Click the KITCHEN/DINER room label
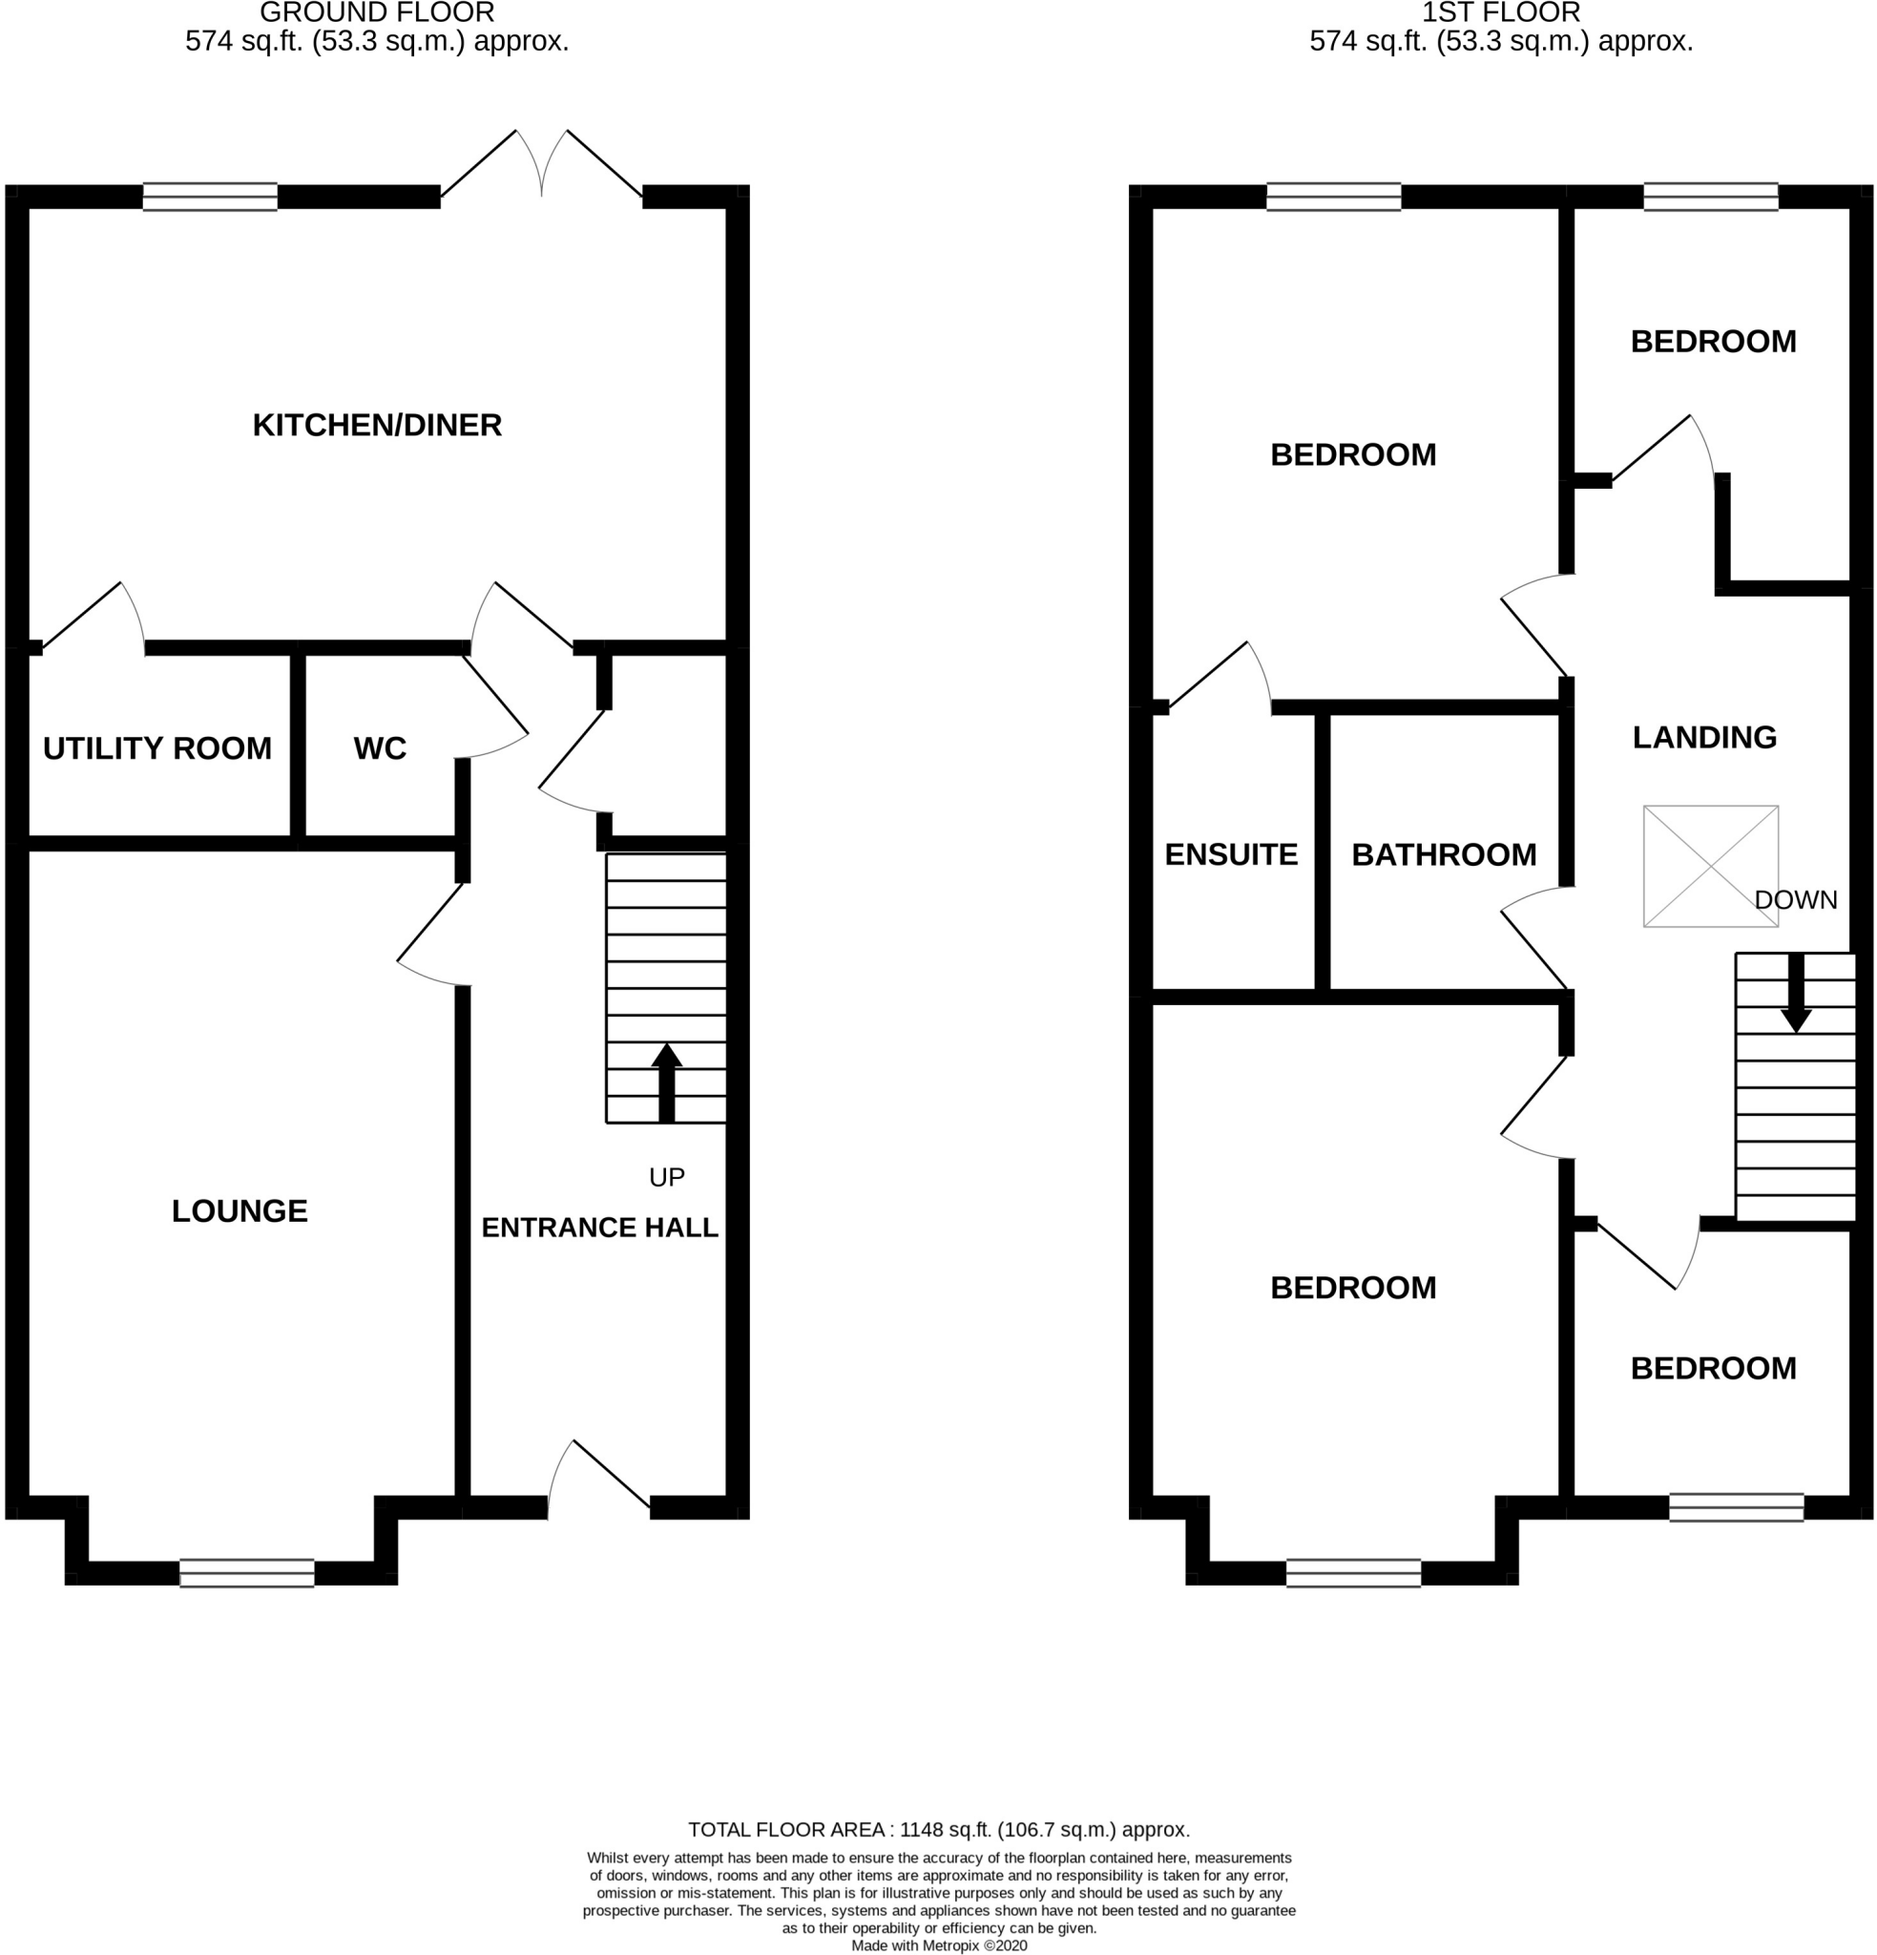[x=376, y=425]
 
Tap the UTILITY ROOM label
[x=156, y=748]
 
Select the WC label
[x=379, y=748]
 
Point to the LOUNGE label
[x=240, y=1211]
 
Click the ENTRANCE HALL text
[x=599, y=1227]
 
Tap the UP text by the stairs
[x=666, y=1177]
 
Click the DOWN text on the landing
[x=1795, y=899]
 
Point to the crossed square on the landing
[x=1710, y=866]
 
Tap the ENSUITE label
[x=1231, y=853]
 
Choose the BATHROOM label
[x=1443, y=853]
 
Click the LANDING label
[x=1703, y=737]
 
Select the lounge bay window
[x=246, y=1573]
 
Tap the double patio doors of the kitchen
[x=542, y=164]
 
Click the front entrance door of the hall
[x=598, y=1476]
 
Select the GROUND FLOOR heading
[x=376, y=13]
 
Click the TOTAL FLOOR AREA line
[x=939, y=1829]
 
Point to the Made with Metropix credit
[x=939, y=1945]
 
